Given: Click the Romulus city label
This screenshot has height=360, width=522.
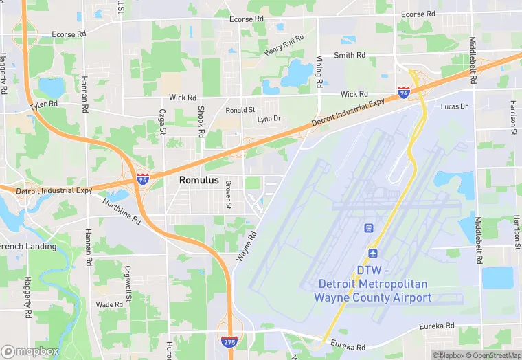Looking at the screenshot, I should (198, 179).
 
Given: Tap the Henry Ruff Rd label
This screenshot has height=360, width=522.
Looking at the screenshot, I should (284, 45).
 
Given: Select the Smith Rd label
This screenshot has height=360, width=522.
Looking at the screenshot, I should (349, 56).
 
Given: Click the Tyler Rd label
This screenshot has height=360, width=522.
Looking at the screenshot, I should (44, 107).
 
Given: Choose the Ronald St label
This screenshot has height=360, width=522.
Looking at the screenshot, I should (240, 109).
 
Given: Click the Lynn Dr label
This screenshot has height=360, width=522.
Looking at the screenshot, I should (269, 119).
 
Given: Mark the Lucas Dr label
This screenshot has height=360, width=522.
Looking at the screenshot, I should (453, 106).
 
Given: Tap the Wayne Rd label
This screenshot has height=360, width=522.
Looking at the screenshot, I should (246, 245).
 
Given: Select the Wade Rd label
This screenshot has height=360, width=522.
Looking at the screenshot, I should (109, 304).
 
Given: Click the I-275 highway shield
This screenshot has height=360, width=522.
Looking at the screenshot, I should (230, 340).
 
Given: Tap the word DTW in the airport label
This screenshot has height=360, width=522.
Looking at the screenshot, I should (373, 271).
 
